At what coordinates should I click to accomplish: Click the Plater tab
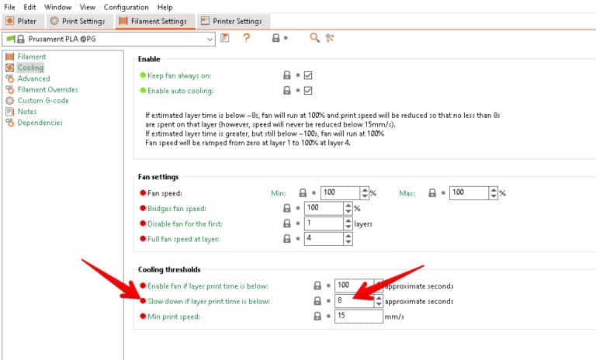[x=22, y=21]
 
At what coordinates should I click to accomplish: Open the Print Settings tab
[x=77, y=21]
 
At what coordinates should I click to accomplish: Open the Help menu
[x=165, y=6]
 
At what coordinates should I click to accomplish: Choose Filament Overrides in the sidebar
[x=47, y=89]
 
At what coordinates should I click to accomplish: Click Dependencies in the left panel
[x=40, y=122]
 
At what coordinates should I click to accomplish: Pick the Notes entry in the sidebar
[x=27, y=111]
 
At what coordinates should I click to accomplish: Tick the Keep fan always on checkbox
[x=308, y=75]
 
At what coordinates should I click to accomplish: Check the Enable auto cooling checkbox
[x=308, y=91]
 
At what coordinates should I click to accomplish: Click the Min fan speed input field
[x=339, y=192]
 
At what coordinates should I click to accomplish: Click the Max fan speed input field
[x=468, y=192]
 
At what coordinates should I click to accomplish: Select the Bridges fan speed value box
[x=322, y=208]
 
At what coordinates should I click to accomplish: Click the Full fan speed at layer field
[x=322, y=239]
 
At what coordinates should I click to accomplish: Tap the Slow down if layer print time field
[x=352, y=301]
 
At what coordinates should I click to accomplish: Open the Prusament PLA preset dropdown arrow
[x=210, y=38]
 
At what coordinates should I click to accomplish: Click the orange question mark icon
[x=247, y=38]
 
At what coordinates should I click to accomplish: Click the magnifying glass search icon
[x=314, y=38]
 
